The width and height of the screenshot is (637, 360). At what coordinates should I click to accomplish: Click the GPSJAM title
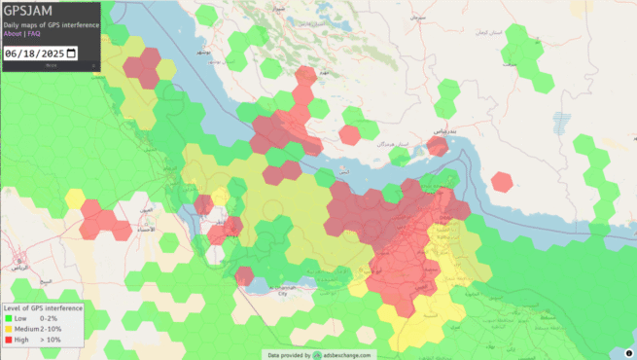(27, 11)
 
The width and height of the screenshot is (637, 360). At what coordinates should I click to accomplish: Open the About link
(13, 33)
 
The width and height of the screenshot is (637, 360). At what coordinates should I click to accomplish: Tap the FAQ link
(34, 33)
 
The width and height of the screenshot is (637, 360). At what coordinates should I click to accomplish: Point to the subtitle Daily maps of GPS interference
(51, 24)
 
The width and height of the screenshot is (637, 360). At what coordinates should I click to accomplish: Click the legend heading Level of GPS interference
(43, 307)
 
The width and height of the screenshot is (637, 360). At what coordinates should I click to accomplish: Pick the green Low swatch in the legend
(8, 318)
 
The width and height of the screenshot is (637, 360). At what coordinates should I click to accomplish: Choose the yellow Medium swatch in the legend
(8, 330)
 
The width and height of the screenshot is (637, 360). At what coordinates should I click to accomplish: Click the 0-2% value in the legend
(48, 318)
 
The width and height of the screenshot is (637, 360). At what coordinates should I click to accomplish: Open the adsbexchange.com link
(348, 355)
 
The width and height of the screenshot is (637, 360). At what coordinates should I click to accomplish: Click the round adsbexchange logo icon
(317, 355)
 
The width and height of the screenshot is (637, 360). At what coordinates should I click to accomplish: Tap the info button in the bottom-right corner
(628, 352)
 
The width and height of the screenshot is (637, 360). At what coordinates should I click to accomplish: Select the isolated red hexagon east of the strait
(502, 182)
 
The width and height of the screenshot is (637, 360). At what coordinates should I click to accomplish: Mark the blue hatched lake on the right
(558, 123)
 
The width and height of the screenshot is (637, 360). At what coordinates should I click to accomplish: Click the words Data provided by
(289, 355)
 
